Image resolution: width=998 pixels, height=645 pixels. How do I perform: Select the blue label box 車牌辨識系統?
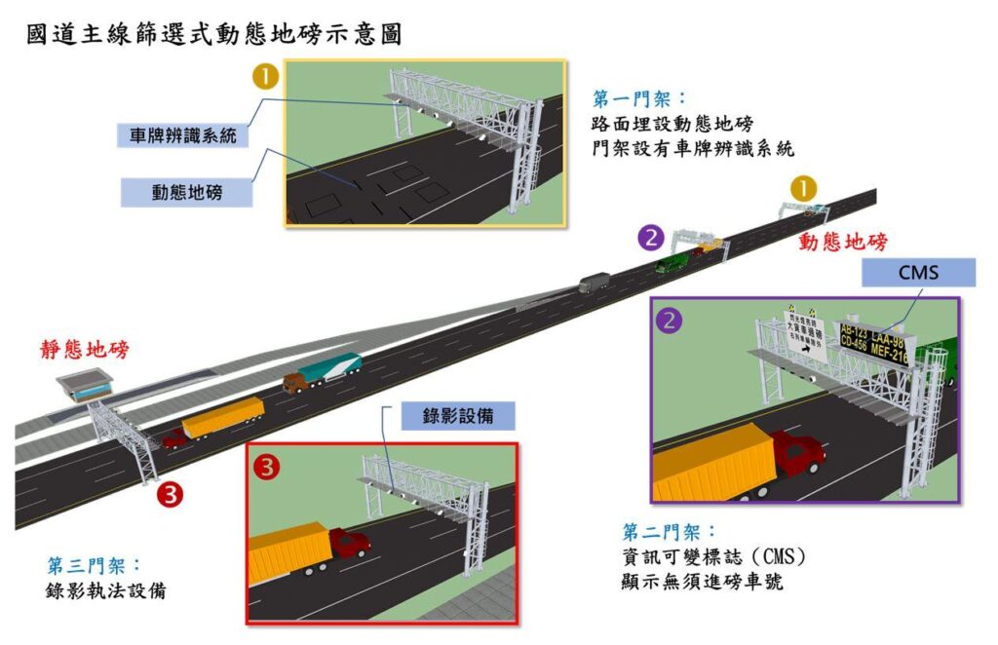pyautogui.click(x=183, y=135)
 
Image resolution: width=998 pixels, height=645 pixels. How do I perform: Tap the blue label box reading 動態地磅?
pyautogui.click(x=186, y=192)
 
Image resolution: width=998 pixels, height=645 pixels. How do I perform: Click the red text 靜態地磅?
pyautogui.click(x=84, y=350)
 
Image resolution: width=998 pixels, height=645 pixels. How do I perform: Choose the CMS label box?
pyautogui.click(x=919, y=272)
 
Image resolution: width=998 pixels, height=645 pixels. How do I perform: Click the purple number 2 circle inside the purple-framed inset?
pyautogui.click(x=670, y=320)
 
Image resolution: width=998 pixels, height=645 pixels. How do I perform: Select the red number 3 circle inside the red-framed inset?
pyautogui.click(x=266, y=467)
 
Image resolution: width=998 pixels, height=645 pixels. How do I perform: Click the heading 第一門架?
pyautogui.click(x=639, y=99)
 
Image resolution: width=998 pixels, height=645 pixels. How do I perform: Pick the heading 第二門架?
pyautogui.click(x=670, y=532)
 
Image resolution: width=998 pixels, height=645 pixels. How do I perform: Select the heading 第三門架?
pyautogui.click(x=95, y=566)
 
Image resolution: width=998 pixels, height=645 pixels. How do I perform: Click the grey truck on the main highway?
pyautogui.click(x=594, y=283)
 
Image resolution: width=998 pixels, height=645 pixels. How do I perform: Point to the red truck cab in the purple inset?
pyautogui.click(x=796, y=453)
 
